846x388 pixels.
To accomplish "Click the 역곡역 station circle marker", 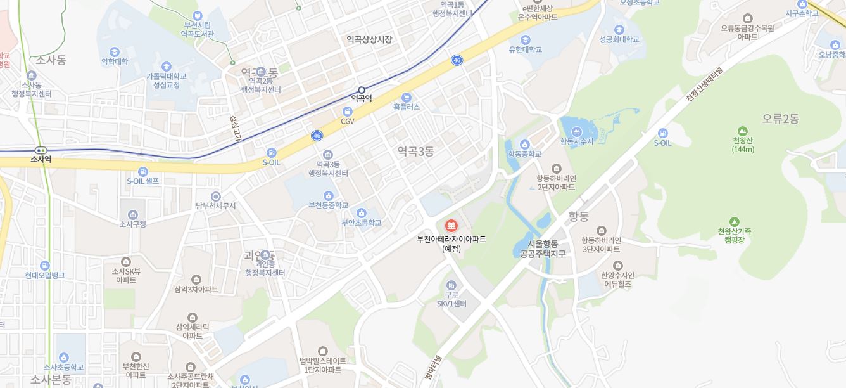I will click(362, 90).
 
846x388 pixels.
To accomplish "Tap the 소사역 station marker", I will click(41, 150).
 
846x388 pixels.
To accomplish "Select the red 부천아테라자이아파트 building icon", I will click(451, 226).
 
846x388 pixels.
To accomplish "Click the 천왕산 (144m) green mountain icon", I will click(743, 131).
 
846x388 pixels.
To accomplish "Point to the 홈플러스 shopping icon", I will click(407, 97).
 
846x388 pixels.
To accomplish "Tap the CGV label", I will click(348, 121).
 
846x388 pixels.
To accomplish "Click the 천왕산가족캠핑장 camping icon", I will click(735, 222).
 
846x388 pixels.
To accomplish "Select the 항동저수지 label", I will click(577, 141).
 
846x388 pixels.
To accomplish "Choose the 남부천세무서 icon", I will click(216, 197).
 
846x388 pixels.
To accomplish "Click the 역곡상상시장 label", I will click(369, 39).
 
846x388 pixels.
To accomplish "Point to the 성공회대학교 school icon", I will click(619, 29).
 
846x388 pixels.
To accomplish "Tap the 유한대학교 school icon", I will click(526, 39).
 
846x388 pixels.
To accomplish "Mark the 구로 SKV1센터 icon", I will click(451, 286).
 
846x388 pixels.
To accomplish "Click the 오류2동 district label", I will click(781, 119).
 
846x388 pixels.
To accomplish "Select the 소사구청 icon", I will click(133, 214).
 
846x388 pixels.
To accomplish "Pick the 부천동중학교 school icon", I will click(328, 196).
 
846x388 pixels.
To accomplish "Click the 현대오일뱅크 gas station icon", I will click(45, 266).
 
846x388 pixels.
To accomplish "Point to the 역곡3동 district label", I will click(415, 151).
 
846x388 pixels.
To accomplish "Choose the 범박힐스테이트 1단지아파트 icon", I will click(323, 351).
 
